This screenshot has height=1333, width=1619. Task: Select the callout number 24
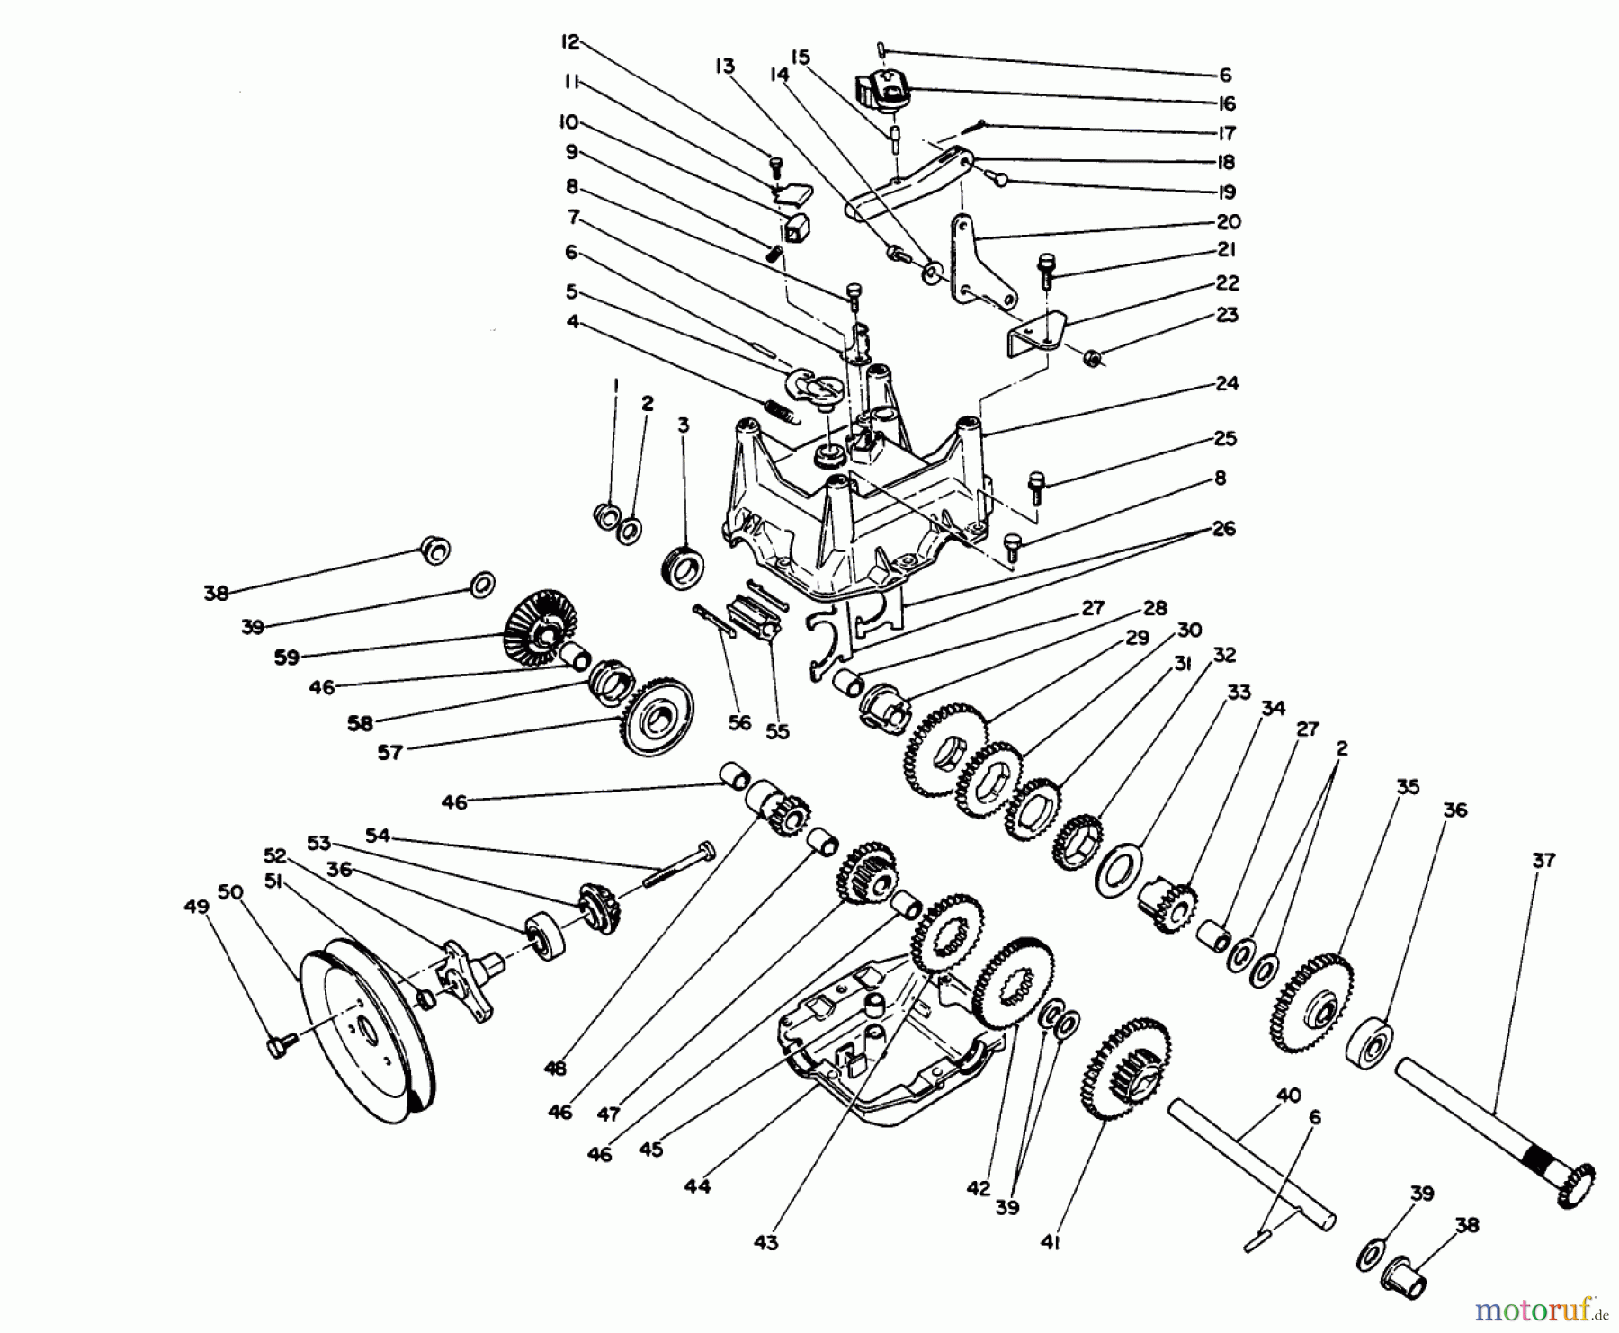(1227, 383)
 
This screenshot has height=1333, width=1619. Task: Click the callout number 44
(696, 1186)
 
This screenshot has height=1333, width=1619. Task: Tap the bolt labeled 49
(282, 1046)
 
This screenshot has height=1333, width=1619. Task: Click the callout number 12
(571, 41)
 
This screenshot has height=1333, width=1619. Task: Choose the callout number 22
(1227, 282)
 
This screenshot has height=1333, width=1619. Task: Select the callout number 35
(1407, 787)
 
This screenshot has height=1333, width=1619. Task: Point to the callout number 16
(1227, 103)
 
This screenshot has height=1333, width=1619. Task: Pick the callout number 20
(1228, 221)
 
